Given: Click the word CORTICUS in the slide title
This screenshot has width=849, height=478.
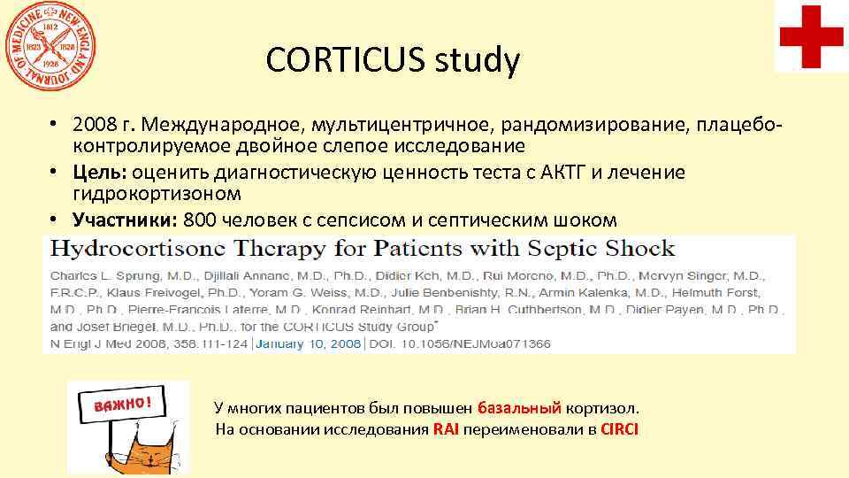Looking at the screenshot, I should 343,60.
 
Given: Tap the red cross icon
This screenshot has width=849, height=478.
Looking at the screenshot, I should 812,35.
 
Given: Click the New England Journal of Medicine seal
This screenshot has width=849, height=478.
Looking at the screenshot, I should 50,43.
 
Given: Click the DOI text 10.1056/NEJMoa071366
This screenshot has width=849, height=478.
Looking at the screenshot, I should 477,343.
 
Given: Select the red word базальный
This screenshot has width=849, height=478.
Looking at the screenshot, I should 519,409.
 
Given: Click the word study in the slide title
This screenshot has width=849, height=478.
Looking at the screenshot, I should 479,60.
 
